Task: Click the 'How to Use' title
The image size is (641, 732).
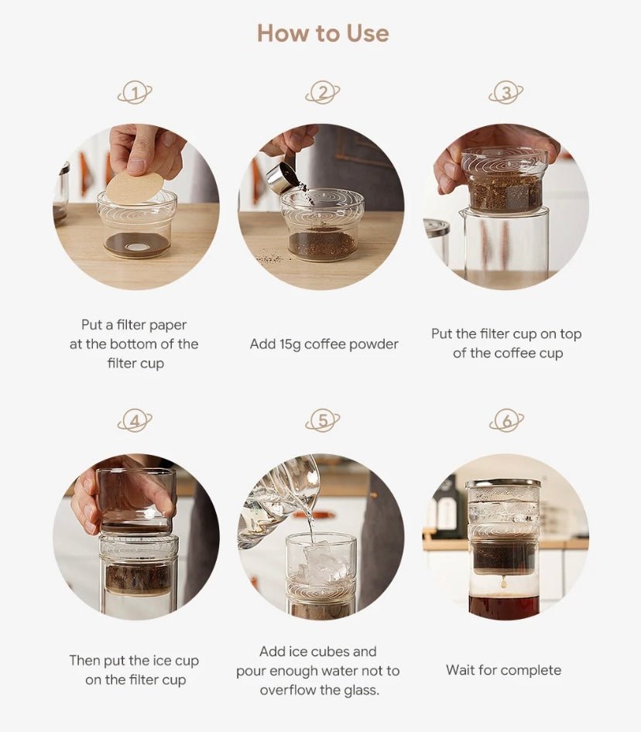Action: (x=323, y=33)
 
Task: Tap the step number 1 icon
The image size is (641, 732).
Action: (x=135, y=93)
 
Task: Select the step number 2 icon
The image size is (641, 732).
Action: (x=322, y=92)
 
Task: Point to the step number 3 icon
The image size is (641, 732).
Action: (x=506, y=92)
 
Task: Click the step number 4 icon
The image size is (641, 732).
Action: (x=135, y=421)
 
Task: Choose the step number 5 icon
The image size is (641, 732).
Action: (x=322, y=421)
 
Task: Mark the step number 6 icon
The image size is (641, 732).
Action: (x=506, y=421)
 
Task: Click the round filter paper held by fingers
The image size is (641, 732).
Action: (x=135, y=187)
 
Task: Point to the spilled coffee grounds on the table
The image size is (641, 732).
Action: (x=269, y=257)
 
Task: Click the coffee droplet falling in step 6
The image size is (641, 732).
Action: (x=504, y=582)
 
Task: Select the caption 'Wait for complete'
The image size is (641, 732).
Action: (x=504, y=670)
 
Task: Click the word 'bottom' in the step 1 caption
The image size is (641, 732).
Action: (x=134, y=344)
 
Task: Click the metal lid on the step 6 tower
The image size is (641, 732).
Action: (x=502, y=483)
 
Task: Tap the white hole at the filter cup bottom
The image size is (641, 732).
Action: (x=136, y=246)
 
